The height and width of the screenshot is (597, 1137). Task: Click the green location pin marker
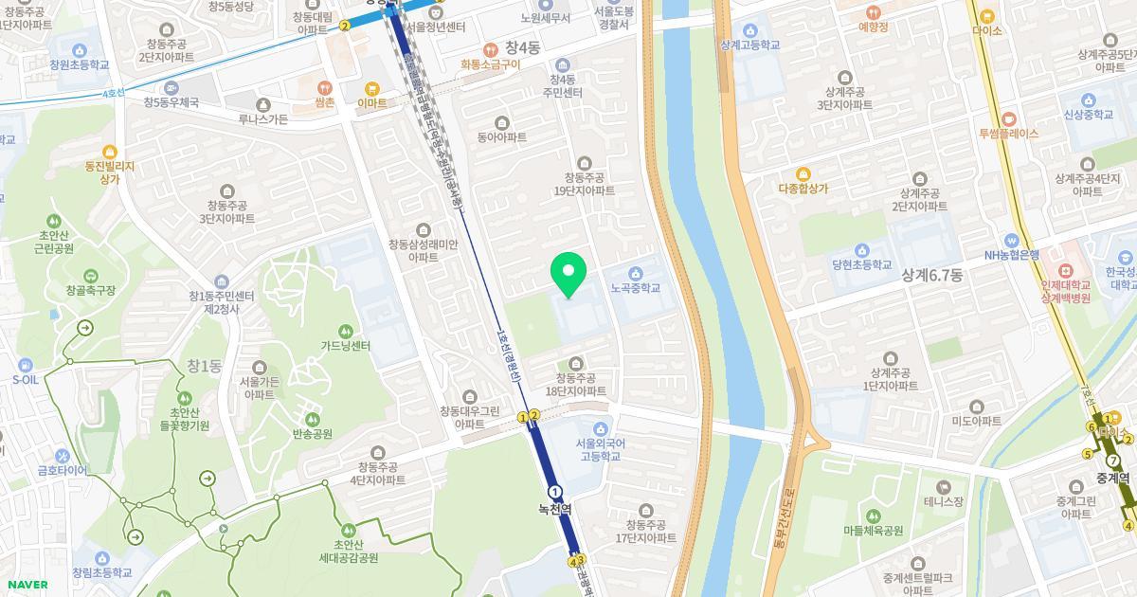568,275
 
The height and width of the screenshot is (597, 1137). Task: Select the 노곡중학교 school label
635,288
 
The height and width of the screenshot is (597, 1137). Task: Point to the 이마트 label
371,102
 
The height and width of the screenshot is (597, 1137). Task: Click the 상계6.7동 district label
931,275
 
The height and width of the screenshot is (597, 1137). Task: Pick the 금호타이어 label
63,470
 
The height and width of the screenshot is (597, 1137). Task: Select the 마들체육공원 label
873,531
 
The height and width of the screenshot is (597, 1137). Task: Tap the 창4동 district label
521,47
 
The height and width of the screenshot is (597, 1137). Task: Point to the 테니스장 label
944,500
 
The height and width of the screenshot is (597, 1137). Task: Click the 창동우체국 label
171,102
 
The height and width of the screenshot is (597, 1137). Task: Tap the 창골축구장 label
91,290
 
